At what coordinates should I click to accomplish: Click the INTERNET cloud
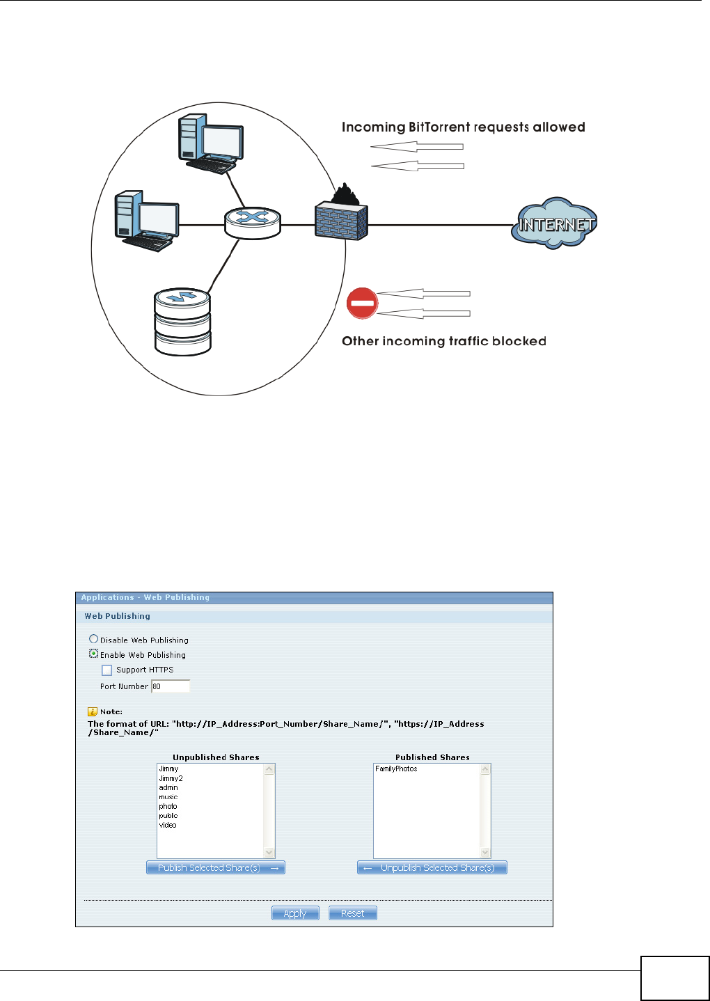(x=555, y=223)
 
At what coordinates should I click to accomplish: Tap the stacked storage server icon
(x=182, y=322)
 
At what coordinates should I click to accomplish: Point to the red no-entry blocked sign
(x=362, y=304)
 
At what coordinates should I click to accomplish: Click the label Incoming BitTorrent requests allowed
(x=463, y=127)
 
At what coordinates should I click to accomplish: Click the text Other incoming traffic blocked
(x=443, y=341)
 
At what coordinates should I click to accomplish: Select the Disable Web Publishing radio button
(x=93, y=639)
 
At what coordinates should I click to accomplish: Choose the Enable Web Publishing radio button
(x=93, y=654)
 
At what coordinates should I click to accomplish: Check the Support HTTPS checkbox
(x=106, y=670)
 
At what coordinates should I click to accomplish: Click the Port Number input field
(x=171, y=686)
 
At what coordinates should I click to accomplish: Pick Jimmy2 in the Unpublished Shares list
(x=171, y=778)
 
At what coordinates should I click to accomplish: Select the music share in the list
(x=168, y=797)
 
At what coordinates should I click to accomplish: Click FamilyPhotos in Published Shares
(x=396, y=769)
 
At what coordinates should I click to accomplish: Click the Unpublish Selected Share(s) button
(x=432, y=867)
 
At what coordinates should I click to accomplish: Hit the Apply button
(x=295, y=913)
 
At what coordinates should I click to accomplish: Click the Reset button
(x=352, y=913)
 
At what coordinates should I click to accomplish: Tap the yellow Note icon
(x=92, y=711)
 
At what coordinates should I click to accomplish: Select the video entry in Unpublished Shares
(x=168, y=825)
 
